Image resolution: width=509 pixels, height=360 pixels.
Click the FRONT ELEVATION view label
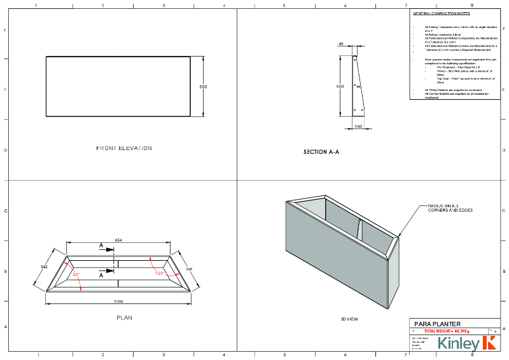[x=124, y=148]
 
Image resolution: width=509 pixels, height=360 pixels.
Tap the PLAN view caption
[x=124, y=317]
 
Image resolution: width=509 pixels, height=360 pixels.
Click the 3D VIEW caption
[x=351, y=318]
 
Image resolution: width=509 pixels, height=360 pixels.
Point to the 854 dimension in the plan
[x=118, y=239]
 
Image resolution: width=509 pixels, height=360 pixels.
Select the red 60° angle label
[x=76, y=275]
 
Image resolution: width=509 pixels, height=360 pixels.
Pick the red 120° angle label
[x=160, y=273]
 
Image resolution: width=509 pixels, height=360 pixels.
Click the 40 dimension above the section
[x=341, y=44]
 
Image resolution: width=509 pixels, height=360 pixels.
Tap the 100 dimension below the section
[x=359, y=127]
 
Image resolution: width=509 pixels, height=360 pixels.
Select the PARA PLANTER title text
[x=437, y=324]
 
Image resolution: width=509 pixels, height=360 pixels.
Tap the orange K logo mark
[x=489, y=343]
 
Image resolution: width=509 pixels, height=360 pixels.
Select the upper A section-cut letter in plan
[x=101, y=245]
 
